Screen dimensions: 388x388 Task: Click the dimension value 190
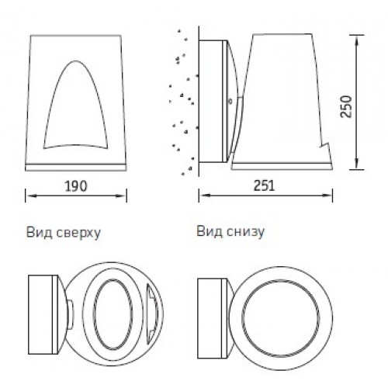click(x=76, y=186)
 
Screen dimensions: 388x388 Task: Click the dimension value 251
click(x=264, y=185)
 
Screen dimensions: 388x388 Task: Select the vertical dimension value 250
click(x=346, y=106)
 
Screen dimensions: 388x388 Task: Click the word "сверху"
click(x=78, y=234)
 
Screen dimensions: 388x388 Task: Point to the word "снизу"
click(x=245, y=232)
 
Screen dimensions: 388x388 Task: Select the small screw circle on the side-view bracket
click(x=230, y=102)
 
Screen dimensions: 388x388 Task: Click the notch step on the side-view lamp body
click(x=324, y=145)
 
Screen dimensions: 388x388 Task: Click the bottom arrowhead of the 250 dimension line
click(x=356, y=165)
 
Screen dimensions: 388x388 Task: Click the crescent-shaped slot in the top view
click(x=152, y=313)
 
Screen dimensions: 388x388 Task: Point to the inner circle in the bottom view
click(x=242, y=318)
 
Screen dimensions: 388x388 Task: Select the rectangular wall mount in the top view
click(x=43, y=314)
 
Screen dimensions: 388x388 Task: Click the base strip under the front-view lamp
click(x=76, y=167)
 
